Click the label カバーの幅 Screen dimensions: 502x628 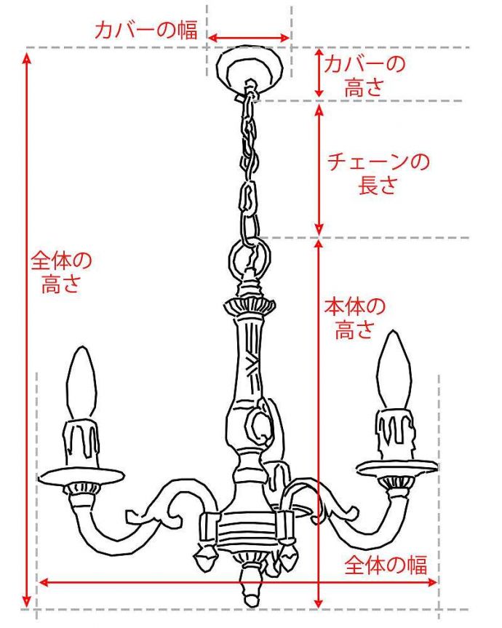pyautogui.click(x=146, y=30)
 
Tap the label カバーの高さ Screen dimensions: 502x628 pyautogui.click(x=364, y=76)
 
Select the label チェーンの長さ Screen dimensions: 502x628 pyautogui.click(x=378, y=174)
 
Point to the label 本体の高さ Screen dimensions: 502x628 pyautogui.click(x=355, y=319)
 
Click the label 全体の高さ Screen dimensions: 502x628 pyautogui.click(x=61, y=272)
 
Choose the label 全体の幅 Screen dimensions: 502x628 pyautogui.click(x=386, y=565)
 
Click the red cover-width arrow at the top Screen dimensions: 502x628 pyautogui.click(x=249, y=38)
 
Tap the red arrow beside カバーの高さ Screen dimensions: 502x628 pyautogui.click(x=319, y=73)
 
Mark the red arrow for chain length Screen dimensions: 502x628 pyautogui.click(x=319, y=170)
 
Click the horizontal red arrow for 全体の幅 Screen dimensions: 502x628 pyautogui.click(x=238, y=582)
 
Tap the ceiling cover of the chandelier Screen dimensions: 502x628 pyautogui.click(x=250, y=69)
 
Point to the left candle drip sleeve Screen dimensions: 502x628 pyautogui.click(x=81, y=442)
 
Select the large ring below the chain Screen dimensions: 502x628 pyautogui.click(x=230, y=258)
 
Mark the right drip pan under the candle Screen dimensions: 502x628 pyautogui.click(x=397, y=468)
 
